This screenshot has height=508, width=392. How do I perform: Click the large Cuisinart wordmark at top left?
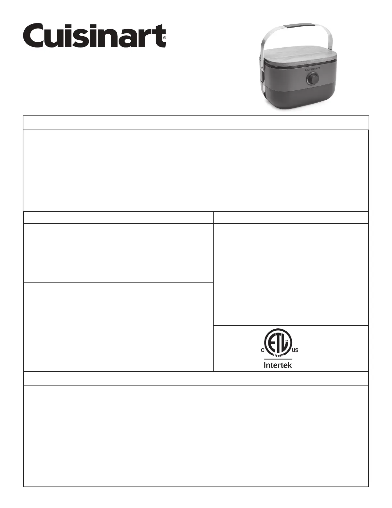point(94,36)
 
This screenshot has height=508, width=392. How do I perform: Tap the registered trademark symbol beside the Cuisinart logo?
point(164,38)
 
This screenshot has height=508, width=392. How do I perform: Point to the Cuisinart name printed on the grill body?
point(313,69)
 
